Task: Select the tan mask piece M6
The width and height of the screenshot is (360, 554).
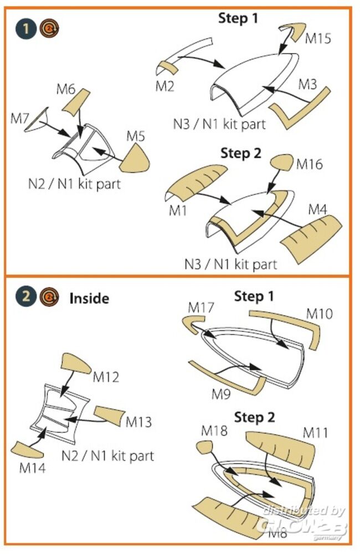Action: (75, 101)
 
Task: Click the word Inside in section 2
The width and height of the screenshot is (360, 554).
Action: (89, 298)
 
